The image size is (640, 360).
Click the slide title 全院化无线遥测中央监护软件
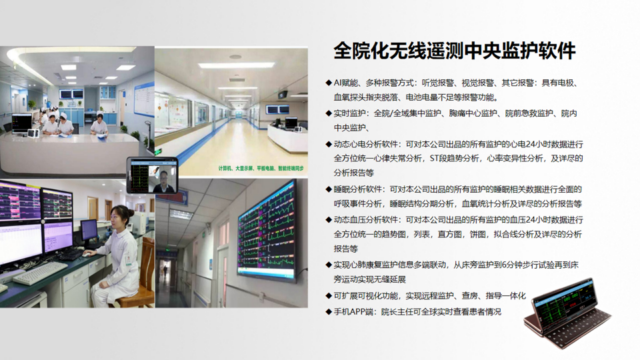454,51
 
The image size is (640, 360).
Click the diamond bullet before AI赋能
329,83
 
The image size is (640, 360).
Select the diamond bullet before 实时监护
329,113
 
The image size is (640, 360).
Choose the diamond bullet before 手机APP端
329,312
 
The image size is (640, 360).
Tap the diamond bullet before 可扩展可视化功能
329,295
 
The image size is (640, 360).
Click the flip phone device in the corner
567,313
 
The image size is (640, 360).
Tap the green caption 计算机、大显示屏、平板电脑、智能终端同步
261,168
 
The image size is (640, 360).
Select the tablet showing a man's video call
152,175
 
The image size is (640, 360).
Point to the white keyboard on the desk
40,273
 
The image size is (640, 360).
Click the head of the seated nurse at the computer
119,217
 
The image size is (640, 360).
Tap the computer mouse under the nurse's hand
86,254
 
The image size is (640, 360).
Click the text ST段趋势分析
454,159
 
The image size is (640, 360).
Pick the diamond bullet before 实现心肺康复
329,265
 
